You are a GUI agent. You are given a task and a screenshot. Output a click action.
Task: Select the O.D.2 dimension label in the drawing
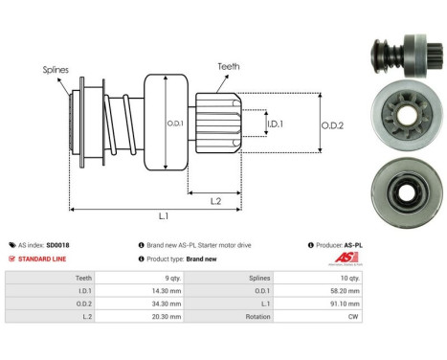pos(332,122)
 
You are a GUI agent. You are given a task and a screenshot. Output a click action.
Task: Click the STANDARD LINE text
pos(44,259)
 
